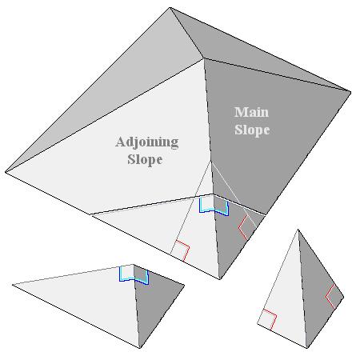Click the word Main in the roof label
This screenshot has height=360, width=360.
[x=251, y=112]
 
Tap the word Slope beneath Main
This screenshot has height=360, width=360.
[x=252, y=130]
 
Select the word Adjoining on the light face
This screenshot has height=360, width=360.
[x=147, y=142]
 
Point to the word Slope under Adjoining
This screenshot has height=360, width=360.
[x=145, y=159]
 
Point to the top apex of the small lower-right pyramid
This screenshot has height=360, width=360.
[x=298, y=230]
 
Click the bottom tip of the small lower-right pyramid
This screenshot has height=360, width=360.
[x=306, y=348]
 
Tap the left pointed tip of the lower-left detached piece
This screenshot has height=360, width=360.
[x=13, y=285]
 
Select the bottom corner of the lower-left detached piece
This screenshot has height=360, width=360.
[x=139, y=348]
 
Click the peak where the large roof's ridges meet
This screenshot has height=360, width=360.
[x=204, y=58]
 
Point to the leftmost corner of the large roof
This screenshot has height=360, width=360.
[x=6, y=172]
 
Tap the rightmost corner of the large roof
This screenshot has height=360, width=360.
[x=350, y=92]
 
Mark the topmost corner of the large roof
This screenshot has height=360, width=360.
[x=170, y=8]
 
